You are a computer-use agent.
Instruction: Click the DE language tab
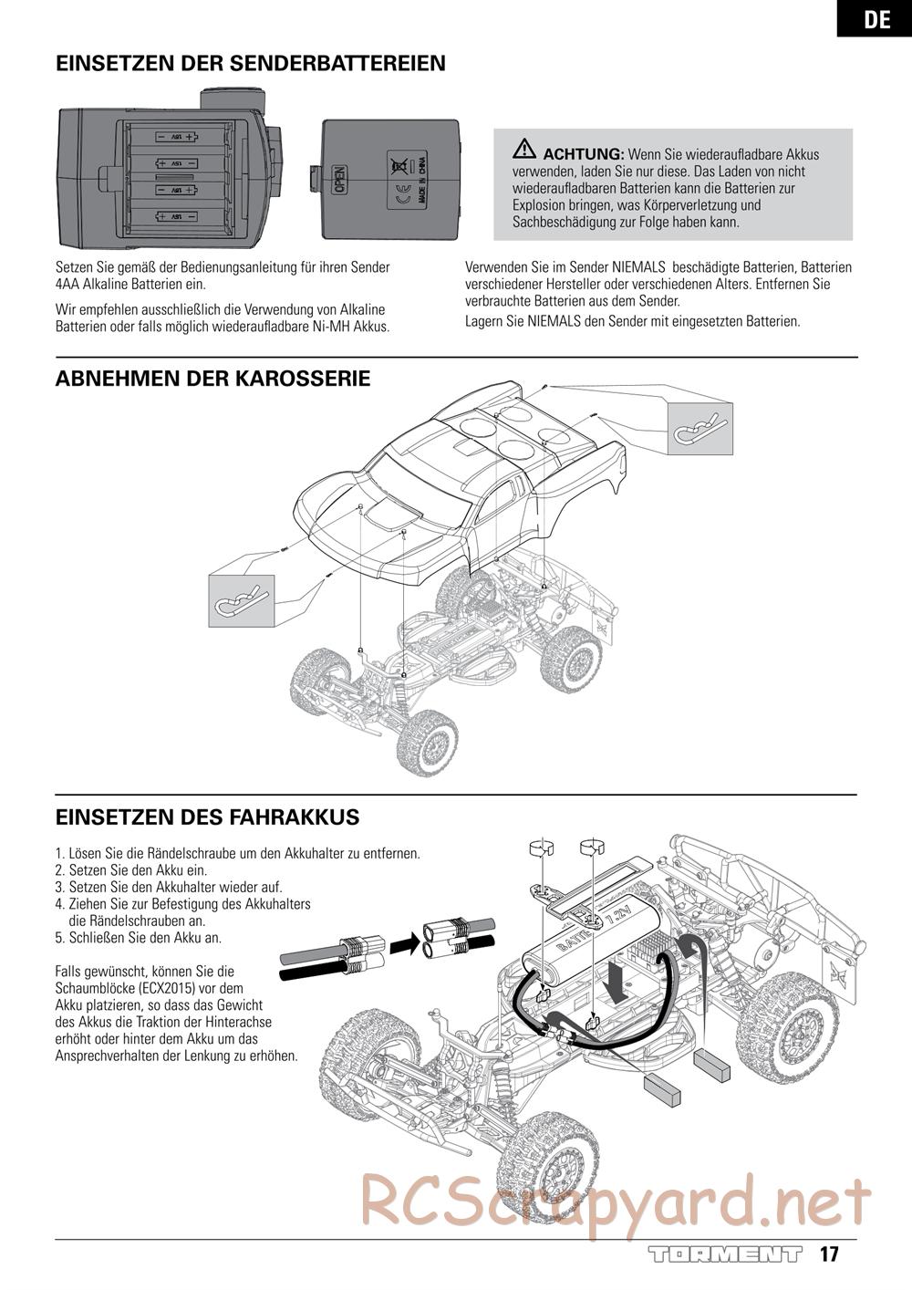876,18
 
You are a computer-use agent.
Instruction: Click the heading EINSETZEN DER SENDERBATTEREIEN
251,63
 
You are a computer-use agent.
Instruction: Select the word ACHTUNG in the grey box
583,154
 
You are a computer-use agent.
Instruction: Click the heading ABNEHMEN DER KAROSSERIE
212,379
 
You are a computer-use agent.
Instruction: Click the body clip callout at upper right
700,429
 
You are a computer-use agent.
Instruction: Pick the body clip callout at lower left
241,599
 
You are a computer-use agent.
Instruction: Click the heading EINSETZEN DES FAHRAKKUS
207,817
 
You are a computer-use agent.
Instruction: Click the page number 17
828,1254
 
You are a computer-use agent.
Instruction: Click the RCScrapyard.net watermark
616,1200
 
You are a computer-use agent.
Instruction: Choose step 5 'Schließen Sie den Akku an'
139,937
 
